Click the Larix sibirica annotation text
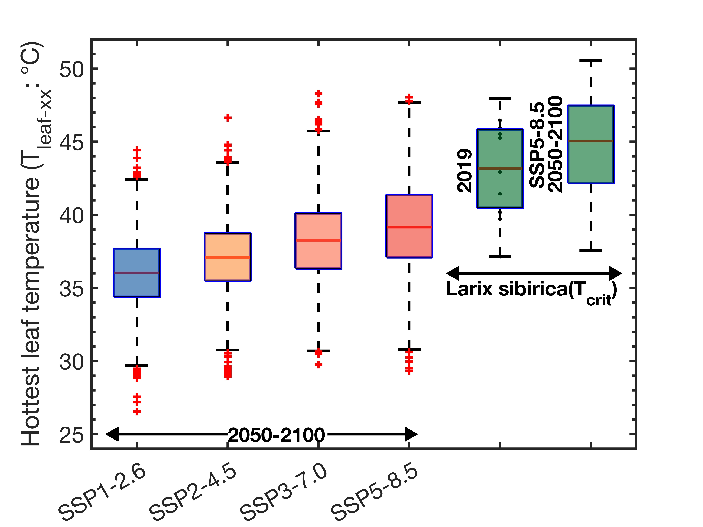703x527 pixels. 531,290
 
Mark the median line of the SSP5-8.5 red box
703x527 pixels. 409,227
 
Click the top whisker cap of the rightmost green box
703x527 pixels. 591,60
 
